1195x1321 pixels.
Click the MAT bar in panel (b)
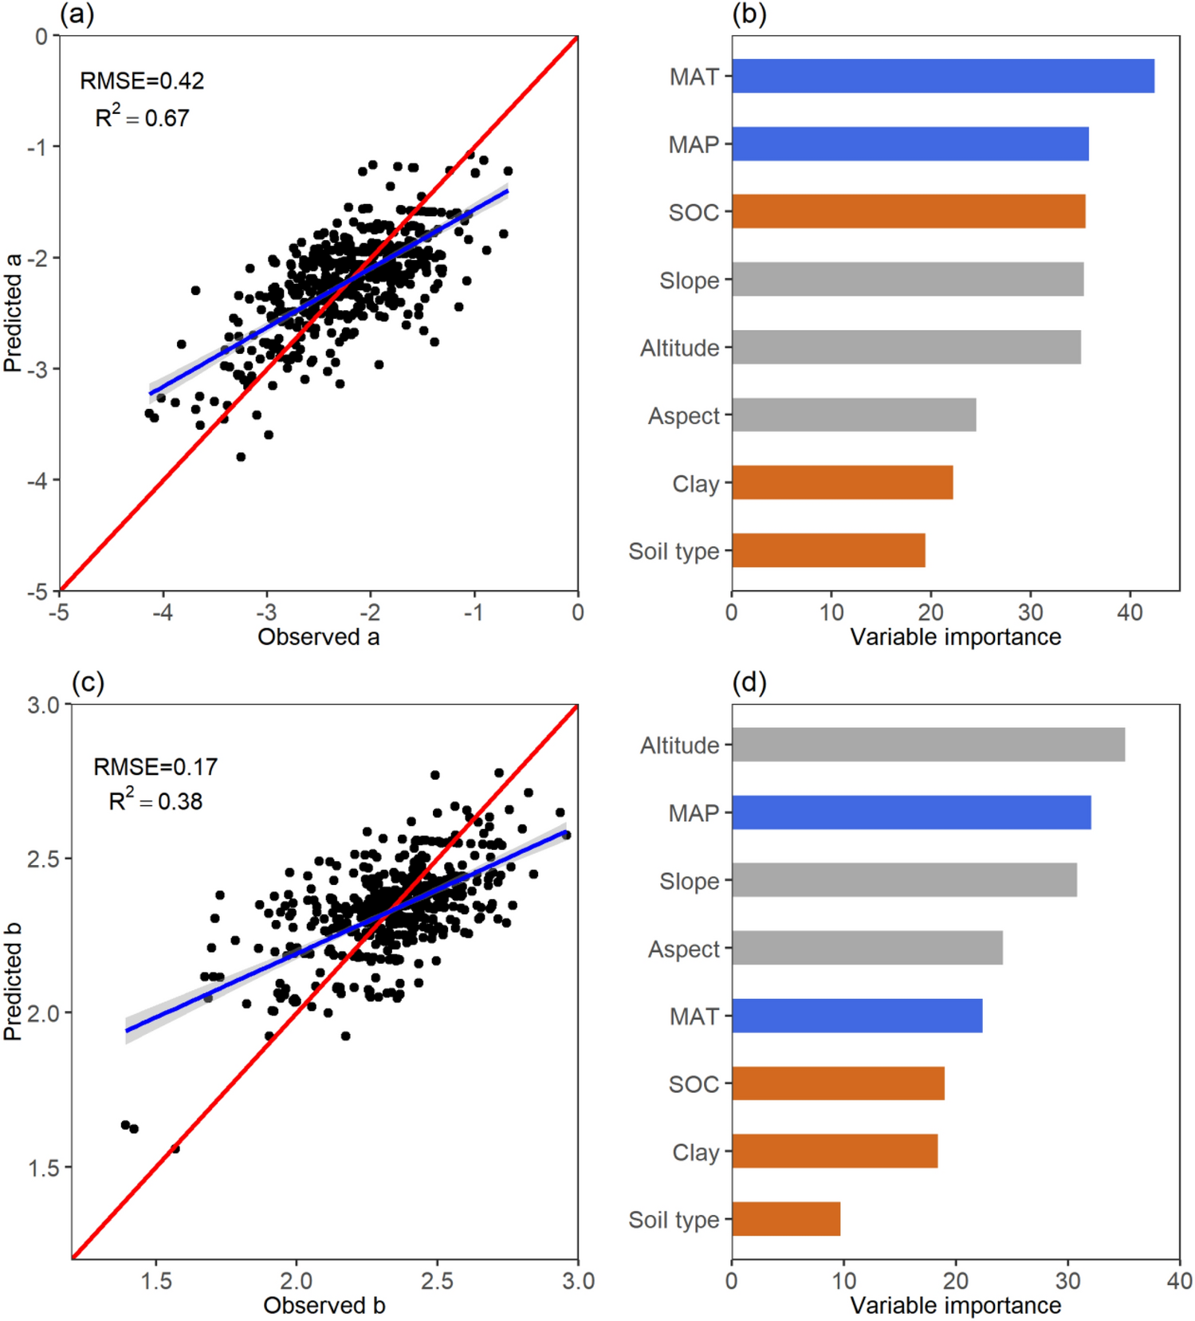coord(942,76)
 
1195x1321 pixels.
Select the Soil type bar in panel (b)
coord(828,550)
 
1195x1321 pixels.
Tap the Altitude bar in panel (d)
coord(928,744)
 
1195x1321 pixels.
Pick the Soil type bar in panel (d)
coord(786,1218)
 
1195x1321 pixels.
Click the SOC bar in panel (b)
coord(908,211)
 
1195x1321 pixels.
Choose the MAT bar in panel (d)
coord(857,1015)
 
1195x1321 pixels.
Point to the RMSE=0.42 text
coord(142,81)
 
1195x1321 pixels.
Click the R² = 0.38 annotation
coord(155,800)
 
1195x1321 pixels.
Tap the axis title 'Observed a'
coord(318,637)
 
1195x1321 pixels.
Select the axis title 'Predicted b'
coord(13,981)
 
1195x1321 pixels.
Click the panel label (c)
coord(88,682)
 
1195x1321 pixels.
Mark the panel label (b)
coord(749,14)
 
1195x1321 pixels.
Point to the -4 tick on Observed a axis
coord(163,612)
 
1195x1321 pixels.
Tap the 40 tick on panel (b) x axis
coord(1130,612)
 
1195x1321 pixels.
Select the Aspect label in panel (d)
coord(683,949)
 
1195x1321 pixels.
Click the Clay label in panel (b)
coord(695,484)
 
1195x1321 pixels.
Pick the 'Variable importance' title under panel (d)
coord(955,1305)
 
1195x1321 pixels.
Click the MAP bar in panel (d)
coord(911,812)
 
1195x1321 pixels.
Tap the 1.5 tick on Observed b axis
coord(156,1280)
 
